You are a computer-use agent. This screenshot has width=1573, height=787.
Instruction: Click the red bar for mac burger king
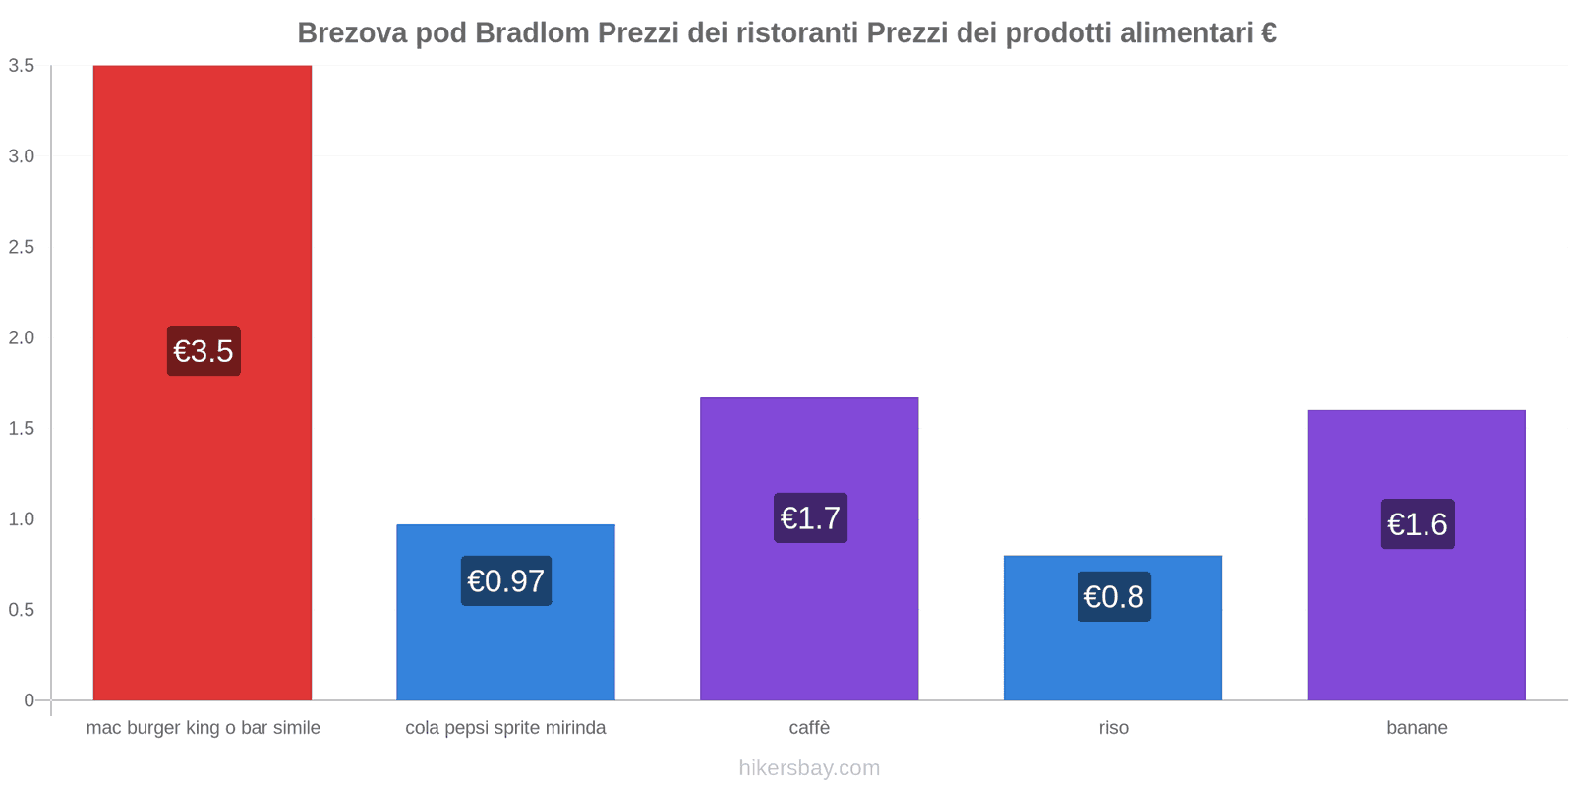coord(203,197)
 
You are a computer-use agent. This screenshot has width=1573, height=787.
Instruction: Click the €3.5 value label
coord(204,351)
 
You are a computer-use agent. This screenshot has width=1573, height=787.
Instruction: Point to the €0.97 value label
coord(506,581)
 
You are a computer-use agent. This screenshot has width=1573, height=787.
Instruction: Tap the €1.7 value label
coord(810,518)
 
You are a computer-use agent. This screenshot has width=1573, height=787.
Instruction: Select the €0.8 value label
coord(1114,597)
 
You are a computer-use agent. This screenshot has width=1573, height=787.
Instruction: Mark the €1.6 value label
coord(1417,524)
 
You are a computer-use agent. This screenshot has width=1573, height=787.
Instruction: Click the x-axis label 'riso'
coord(1113,728)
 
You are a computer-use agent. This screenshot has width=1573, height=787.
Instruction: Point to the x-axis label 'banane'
coord(1417,728)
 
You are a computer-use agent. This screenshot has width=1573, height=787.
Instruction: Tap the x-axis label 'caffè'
coord(809,728)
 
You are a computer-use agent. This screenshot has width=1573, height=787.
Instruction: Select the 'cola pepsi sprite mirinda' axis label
coord(505,728)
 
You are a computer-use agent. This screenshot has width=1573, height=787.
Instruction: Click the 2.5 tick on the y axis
coord(22,247)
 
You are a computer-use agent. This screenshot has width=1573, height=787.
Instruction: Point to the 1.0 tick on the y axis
coord(22,519)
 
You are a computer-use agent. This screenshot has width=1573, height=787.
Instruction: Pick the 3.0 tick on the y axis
coord(22,156)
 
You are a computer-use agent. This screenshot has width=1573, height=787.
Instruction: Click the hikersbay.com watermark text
coord(809,768)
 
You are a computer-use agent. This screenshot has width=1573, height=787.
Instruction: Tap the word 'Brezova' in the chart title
coord(352,33)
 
